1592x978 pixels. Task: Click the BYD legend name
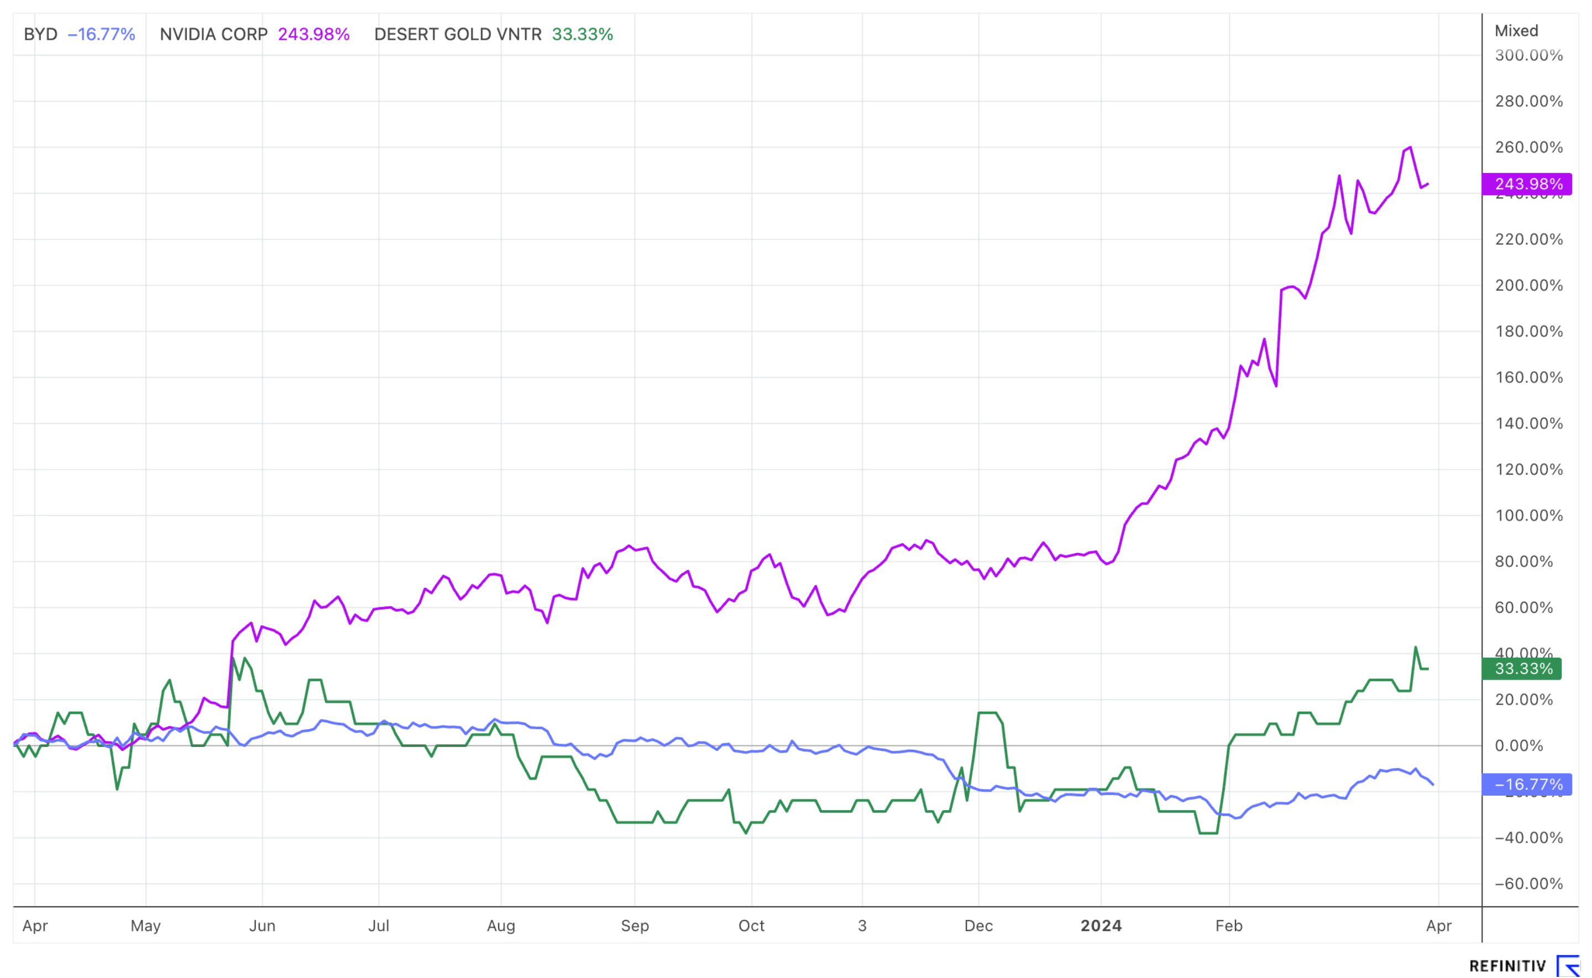40,34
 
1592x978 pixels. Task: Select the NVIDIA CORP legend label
213,34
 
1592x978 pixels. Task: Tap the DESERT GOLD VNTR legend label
457,34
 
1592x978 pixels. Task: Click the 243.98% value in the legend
314,34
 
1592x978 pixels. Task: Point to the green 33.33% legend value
582,34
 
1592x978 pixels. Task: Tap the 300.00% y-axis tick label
1528,56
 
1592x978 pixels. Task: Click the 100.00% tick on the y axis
1528,516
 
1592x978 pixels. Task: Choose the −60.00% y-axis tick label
1528,884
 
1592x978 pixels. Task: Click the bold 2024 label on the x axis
1101,926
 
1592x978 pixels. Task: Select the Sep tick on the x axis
635,926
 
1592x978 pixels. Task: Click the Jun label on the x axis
262,926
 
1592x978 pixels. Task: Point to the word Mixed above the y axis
1516,31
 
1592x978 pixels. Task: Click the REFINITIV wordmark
1507,966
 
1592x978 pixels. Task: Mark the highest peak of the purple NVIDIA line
1410,148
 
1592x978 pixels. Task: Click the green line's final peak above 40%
1416,648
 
